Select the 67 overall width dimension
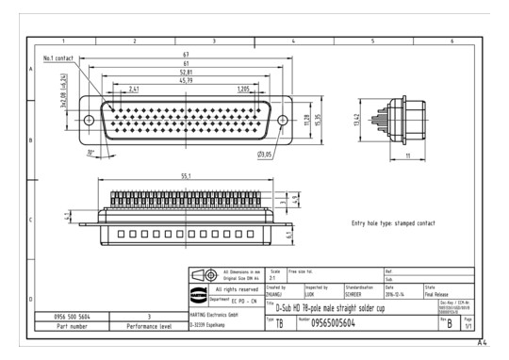click(x=188, y=55)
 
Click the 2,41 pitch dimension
click(x=135, y=89)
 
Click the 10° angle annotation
click(x=90, y=152)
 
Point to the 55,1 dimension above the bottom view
click(x=187, y=175)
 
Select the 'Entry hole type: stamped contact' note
click(x=393, y=223)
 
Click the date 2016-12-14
click(x=396, y=293)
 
